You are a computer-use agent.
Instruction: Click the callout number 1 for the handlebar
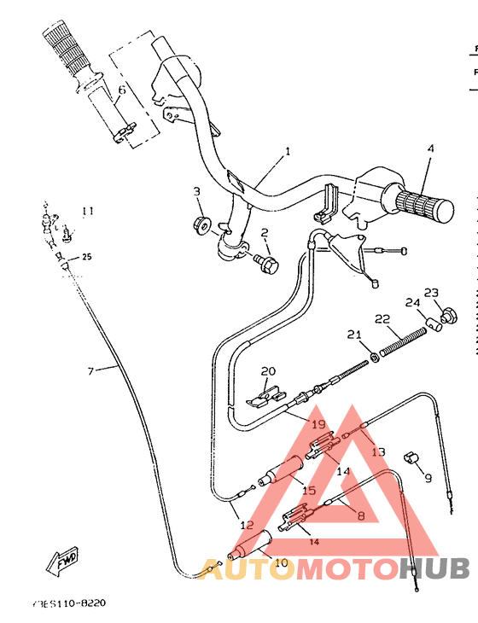[288, 151]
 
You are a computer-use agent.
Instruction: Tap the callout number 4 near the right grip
[431, 148]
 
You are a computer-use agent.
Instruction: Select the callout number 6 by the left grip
[121, 89]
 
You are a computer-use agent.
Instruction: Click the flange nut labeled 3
[203, 225]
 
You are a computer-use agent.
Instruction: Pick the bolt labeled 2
[267, 265]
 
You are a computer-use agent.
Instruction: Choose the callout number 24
[412, 303]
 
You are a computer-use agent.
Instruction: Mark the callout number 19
[318, 423]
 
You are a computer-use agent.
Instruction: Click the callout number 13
[378, 451]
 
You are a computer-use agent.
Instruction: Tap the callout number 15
[309, 490]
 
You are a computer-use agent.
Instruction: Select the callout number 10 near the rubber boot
[281, 563]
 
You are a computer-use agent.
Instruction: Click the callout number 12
[246, 524]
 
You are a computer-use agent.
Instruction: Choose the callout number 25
[86, 256]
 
